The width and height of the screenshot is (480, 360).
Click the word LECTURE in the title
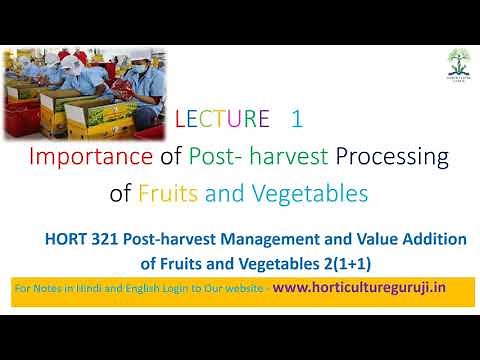point(223,120)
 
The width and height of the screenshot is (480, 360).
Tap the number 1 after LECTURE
point(296,120)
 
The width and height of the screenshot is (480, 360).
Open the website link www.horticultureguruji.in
point(359,287)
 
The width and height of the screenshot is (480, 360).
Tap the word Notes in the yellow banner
point(47,288)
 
